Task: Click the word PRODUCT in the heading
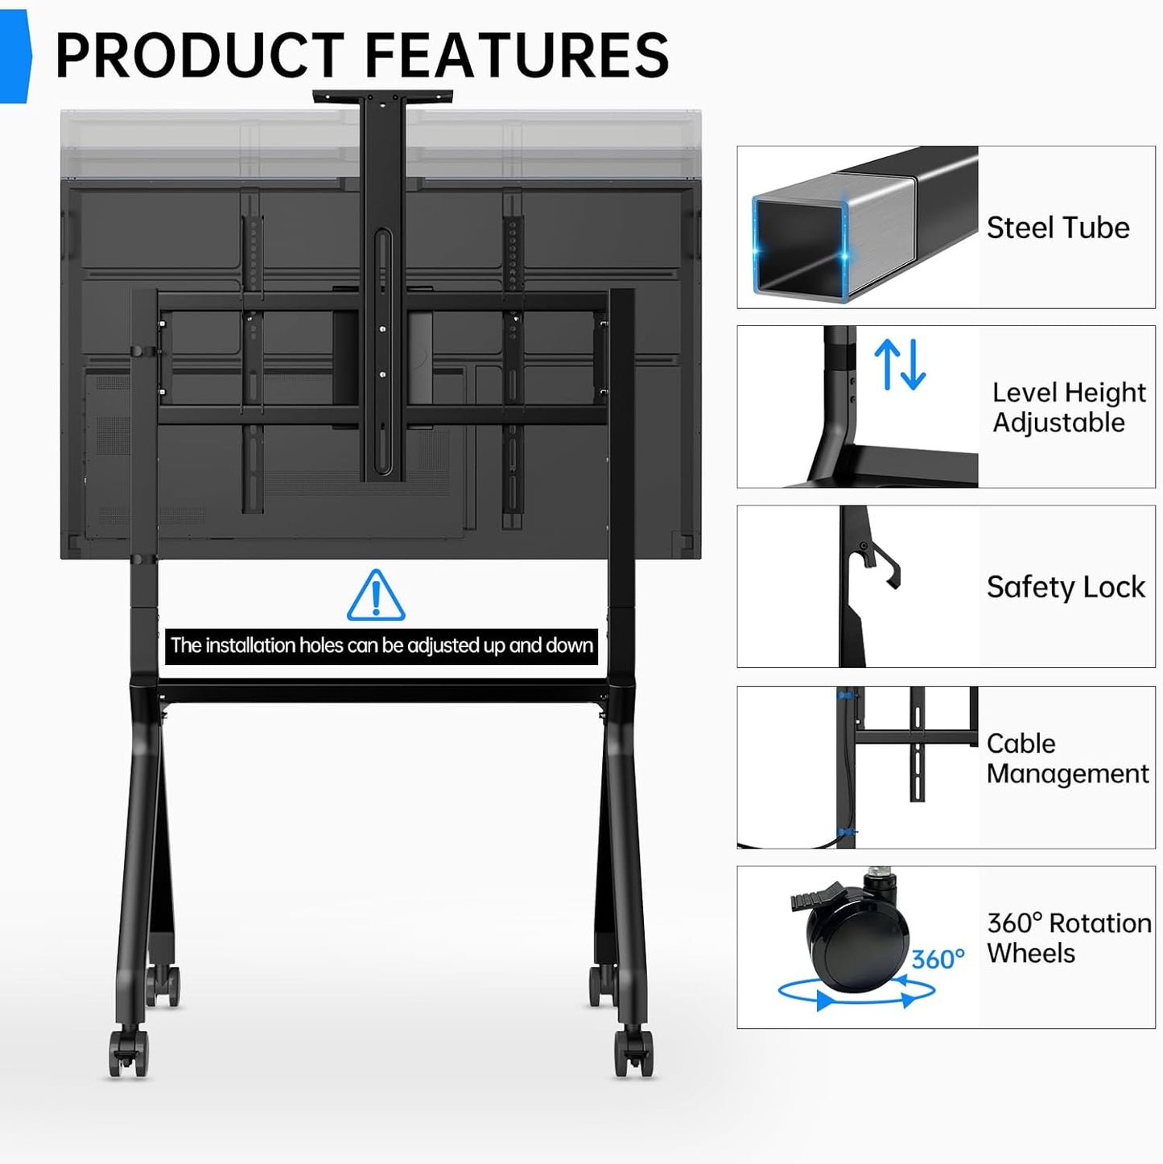click(x=200, y=55)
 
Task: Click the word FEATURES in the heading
click(x=518, y=55)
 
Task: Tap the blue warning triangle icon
click(x=376, y=596)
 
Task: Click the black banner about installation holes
click(x=381, y=646)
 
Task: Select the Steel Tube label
click(x=1058, y=228)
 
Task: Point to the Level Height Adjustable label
click(x=1069, y=407)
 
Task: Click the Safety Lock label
click(x=1066, y=587)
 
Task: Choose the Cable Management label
click(x=1067, y=758)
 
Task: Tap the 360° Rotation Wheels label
click(x=1069, y=938)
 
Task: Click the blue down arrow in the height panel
click(x=913, y=364)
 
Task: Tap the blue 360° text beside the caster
click(x=938, y=959)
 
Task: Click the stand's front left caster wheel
click(x=128, y=1053)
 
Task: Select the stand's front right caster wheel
click(x=633, y=1053)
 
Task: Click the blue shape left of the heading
click(x=15, y=56)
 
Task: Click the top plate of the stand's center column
click(x=382, y=96)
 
